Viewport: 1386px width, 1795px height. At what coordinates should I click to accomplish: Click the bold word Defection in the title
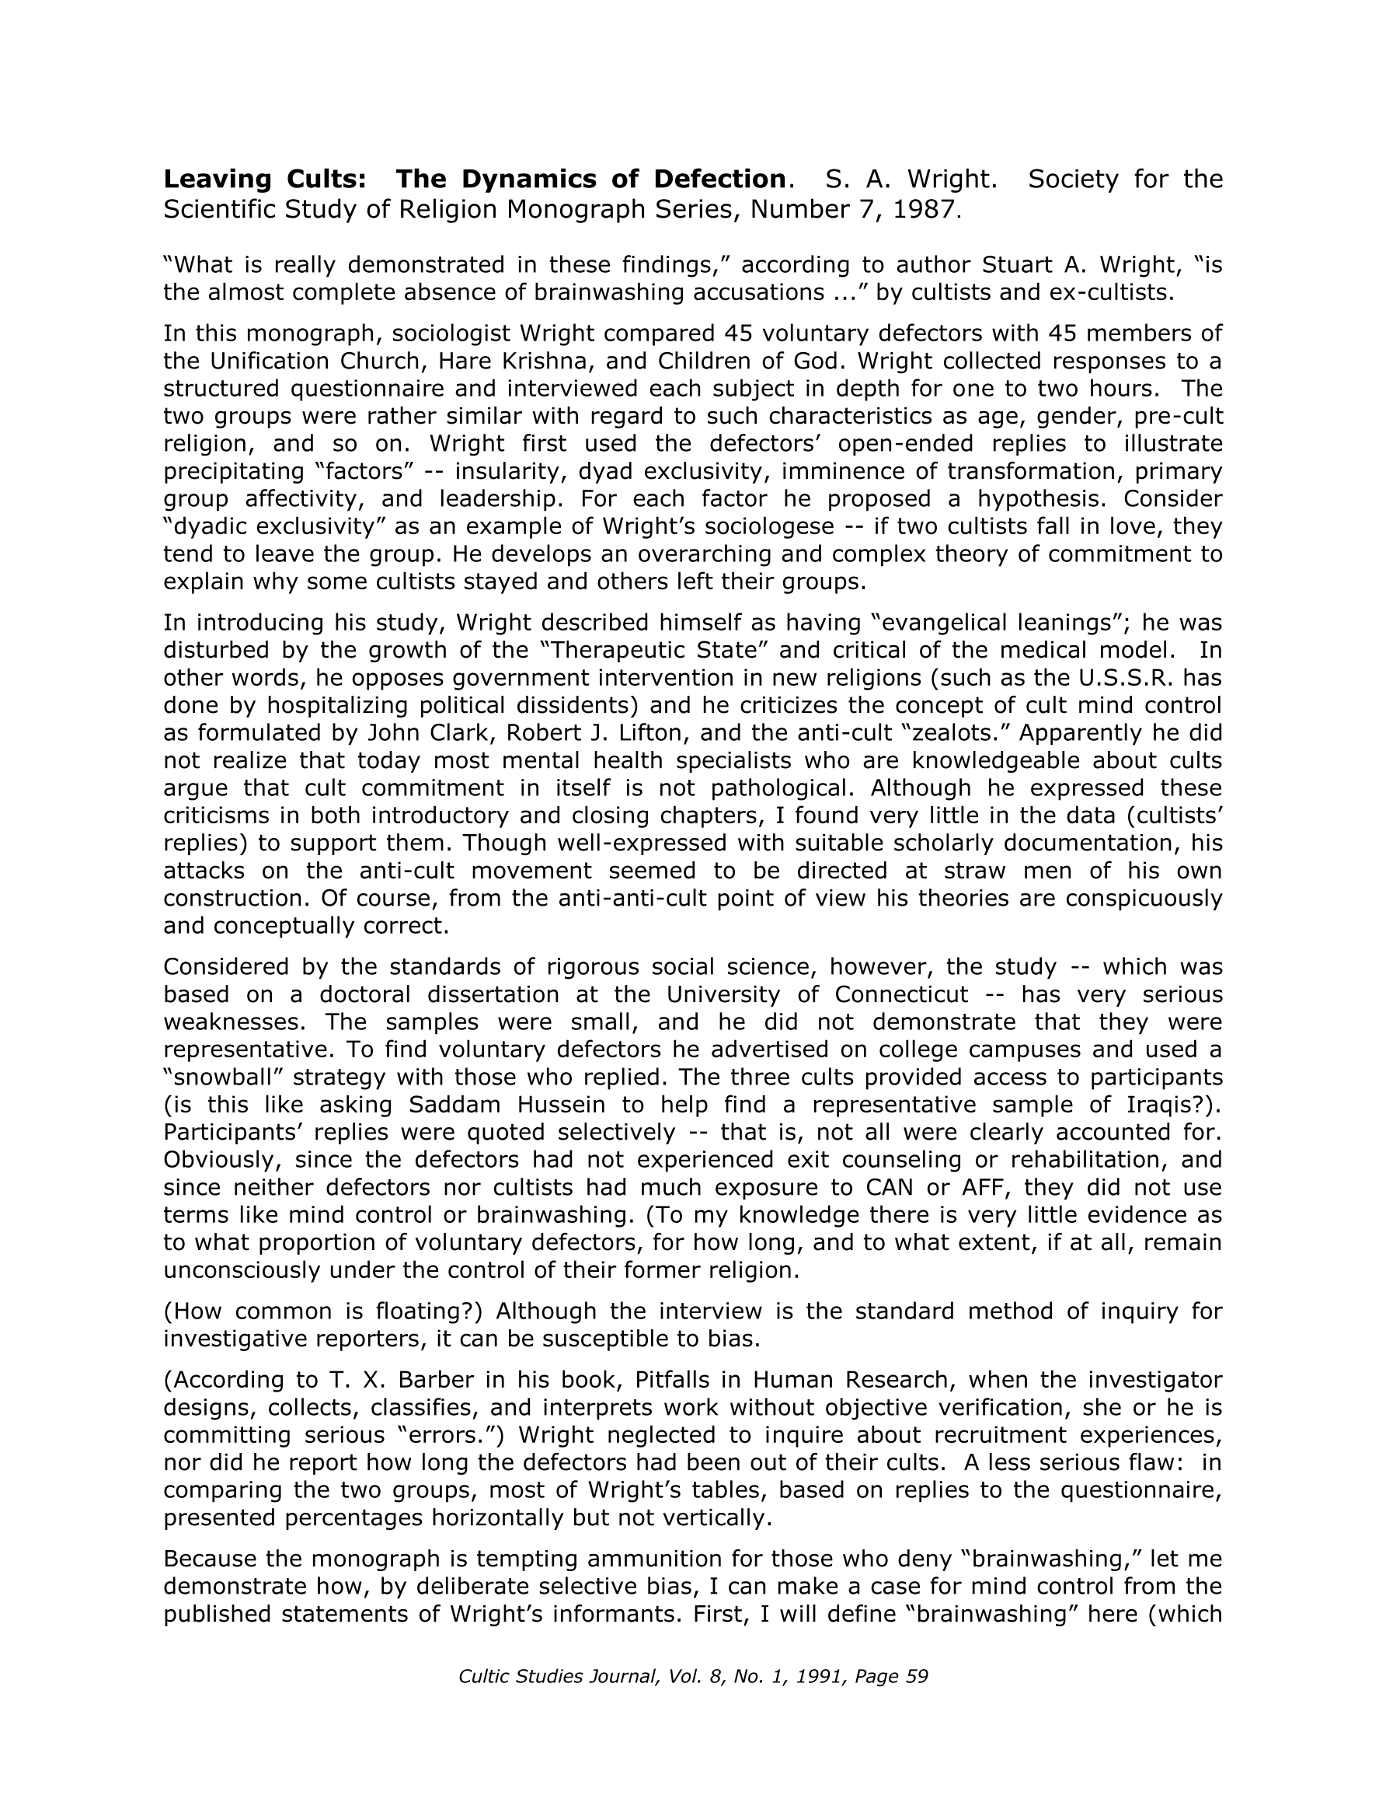719,179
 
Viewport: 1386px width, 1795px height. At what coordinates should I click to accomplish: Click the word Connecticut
900,994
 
